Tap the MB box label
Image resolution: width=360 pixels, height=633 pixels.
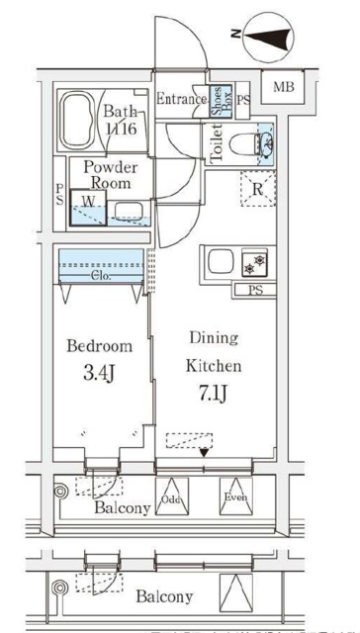click(283, 89)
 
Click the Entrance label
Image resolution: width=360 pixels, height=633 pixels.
click(182, 99)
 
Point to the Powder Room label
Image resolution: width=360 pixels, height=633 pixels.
click(109, 175)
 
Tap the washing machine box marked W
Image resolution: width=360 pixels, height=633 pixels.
click(88, 206)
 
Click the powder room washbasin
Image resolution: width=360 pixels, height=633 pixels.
click(126, 210)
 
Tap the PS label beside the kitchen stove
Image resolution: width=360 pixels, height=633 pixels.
click(255, 290)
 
